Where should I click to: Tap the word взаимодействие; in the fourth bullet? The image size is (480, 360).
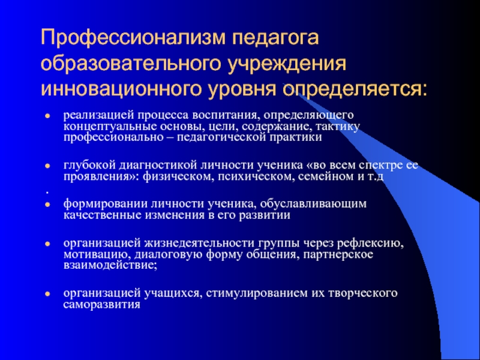[x=109, y=266]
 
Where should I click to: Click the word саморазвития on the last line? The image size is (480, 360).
[x=102, y=304]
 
